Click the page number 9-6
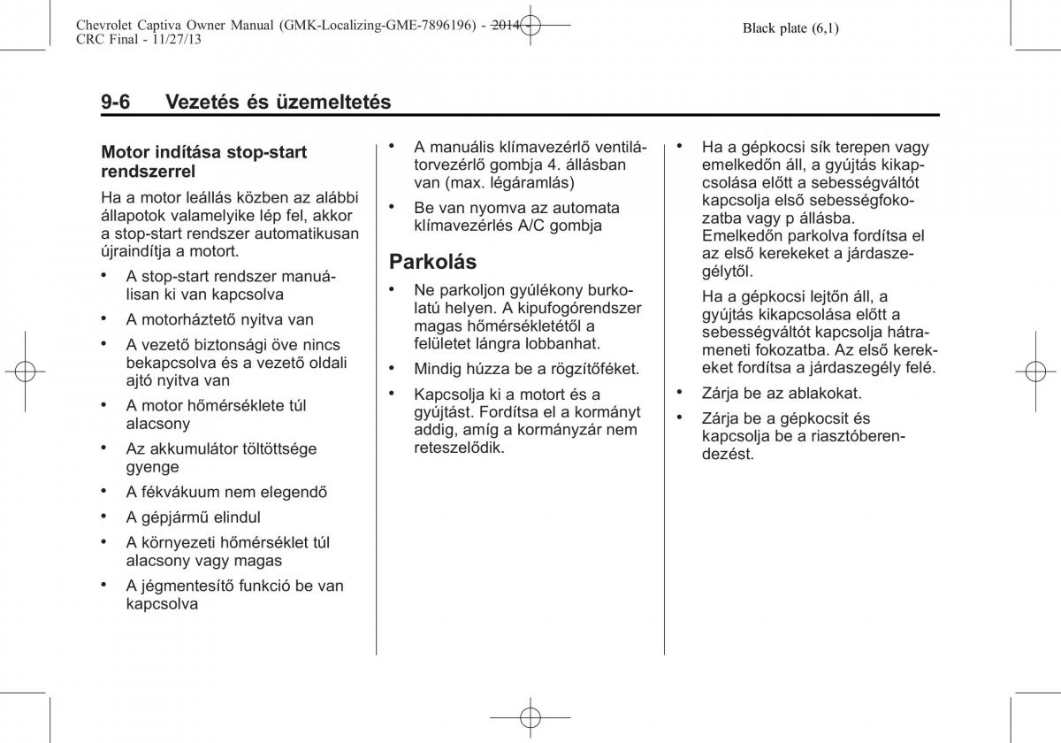coord(116,102)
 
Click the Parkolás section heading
coord(433,262)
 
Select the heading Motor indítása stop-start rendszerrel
coord(204,161)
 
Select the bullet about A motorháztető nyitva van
coord(219,319)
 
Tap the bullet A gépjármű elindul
coord(193,517)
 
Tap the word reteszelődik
coord(459,448)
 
